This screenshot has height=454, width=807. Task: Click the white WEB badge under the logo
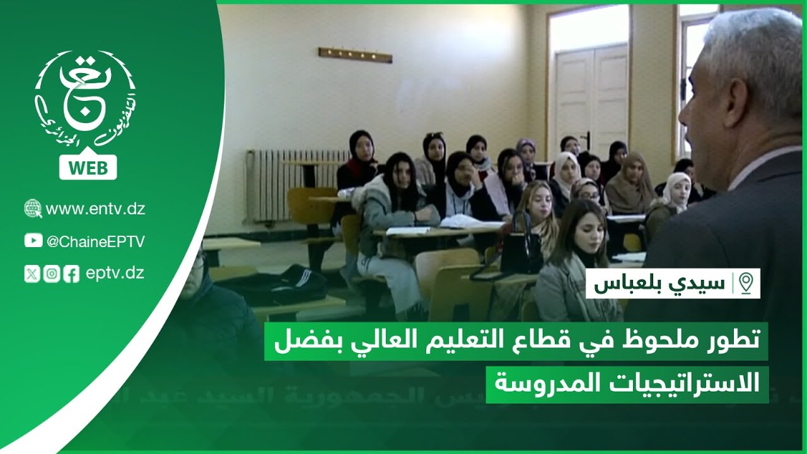88,168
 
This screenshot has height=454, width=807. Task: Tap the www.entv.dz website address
95,209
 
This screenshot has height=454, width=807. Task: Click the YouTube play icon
33,241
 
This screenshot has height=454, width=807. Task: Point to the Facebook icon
71,274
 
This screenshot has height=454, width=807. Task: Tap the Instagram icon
52,274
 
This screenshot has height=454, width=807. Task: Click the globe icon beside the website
33,209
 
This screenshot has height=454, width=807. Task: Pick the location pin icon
746,283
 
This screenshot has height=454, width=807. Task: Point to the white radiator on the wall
290,183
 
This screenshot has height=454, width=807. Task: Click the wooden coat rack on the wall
355,55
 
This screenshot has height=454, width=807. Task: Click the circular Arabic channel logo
86,101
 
